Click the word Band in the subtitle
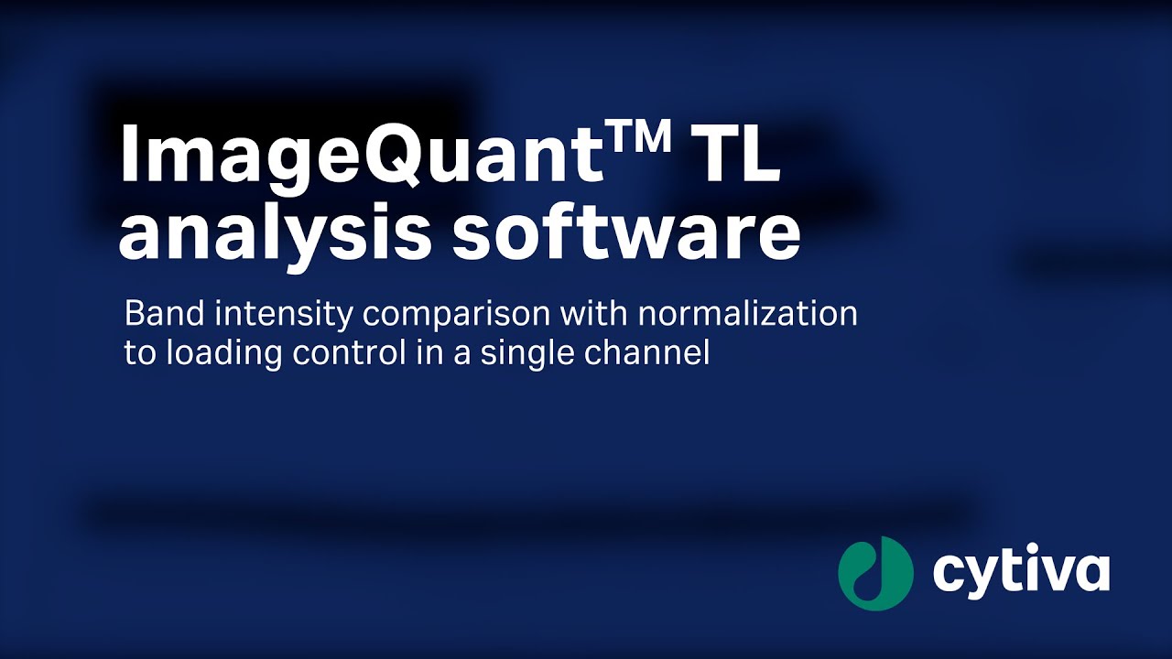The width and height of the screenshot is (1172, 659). (x=157, y=315)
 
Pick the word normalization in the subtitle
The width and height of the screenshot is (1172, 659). (x=747, y=315)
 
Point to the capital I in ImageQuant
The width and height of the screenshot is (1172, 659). (x=129, y=156)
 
